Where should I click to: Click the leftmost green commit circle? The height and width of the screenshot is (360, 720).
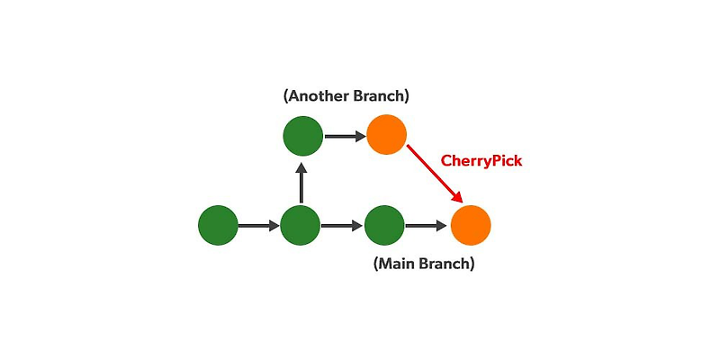tap(218, 225)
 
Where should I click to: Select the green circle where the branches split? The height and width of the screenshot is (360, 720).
tap(301, 225)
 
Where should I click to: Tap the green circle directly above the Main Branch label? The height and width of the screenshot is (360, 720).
tap(385, 225)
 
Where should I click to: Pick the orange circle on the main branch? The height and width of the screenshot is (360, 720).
tap(470, 225)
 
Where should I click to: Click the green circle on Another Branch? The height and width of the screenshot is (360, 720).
tap(302, 136)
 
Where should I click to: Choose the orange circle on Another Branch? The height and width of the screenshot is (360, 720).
tap(387, 136)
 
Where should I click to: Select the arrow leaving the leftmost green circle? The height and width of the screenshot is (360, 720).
tap(259, 225)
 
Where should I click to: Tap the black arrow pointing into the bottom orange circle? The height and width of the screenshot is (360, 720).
tap(427, 225)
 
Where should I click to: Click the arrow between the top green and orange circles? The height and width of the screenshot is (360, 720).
tap(345, 136)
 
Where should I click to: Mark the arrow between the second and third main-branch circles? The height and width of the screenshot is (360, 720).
tap(343, 225)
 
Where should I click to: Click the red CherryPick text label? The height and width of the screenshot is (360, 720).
tap(481, 161)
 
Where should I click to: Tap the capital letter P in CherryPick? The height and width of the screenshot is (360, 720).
tap(494, 161)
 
